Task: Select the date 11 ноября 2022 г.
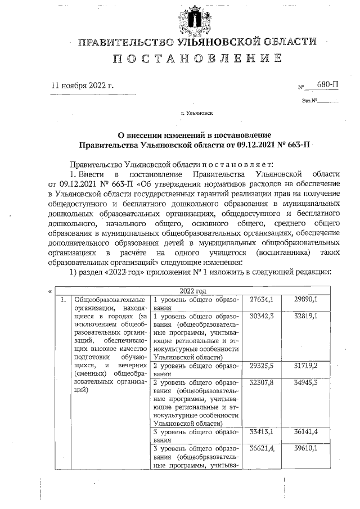coord(82,86)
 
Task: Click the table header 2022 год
coord(193,291)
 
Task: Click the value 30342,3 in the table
coord(261,316)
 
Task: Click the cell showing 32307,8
coord(261,382)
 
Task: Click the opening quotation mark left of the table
coord(51,292)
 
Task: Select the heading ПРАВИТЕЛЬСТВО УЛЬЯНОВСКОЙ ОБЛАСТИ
coord(196,42)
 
